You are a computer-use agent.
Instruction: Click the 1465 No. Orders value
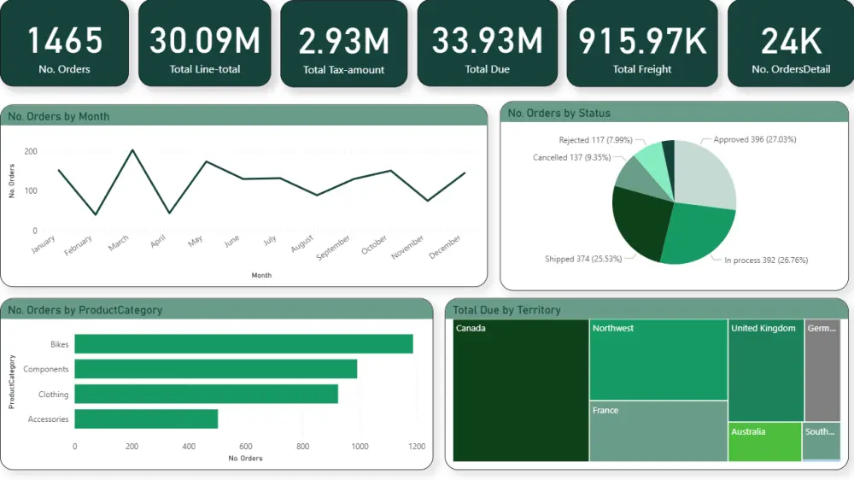(64, 40)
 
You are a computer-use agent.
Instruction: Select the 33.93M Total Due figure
(487, 40)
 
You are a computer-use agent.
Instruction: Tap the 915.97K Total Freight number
(642, 40)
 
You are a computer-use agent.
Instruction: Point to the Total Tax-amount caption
(343, 70)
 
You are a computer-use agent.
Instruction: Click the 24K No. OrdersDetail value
(790, 40)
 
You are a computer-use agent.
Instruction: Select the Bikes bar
(243, 343)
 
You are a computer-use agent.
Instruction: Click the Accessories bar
(146, 419)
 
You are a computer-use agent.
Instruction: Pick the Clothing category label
(53, 395)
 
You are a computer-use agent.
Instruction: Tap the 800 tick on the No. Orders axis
(302, 446)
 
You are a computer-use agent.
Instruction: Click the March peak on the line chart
(132, 150)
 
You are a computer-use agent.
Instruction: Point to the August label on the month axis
(302, 245)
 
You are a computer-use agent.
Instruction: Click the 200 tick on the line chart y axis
(31, 151)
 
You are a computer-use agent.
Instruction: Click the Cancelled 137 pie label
(570, 158)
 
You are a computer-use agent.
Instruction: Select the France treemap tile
(658, 431)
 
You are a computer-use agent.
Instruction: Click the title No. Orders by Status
(559, 114)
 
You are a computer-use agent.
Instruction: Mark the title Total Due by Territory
(506, 310)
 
